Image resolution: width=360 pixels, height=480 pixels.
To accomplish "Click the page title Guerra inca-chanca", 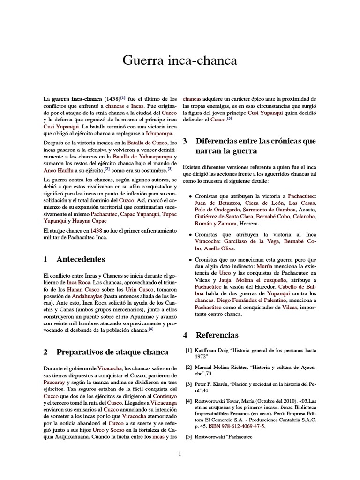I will [x=180, y=60].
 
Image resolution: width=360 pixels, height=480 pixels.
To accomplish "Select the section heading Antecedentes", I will [x=80, y=259].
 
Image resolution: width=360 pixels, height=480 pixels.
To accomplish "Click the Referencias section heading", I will [x=217, y=335].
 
